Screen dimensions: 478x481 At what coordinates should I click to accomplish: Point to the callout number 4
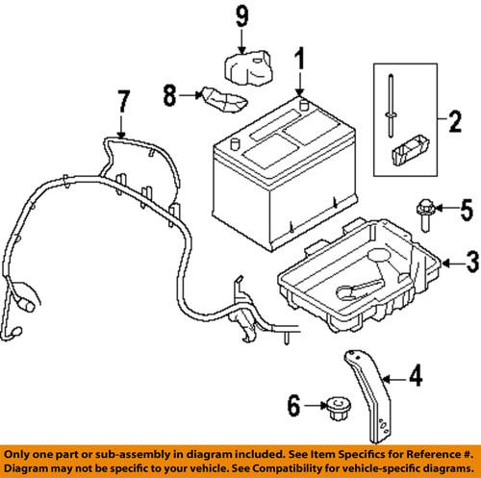coord(415,378)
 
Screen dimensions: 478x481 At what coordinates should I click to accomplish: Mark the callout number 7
coord(121,100)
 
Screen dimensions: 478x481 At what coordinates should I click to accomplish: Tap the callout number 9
coord(241,16)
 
